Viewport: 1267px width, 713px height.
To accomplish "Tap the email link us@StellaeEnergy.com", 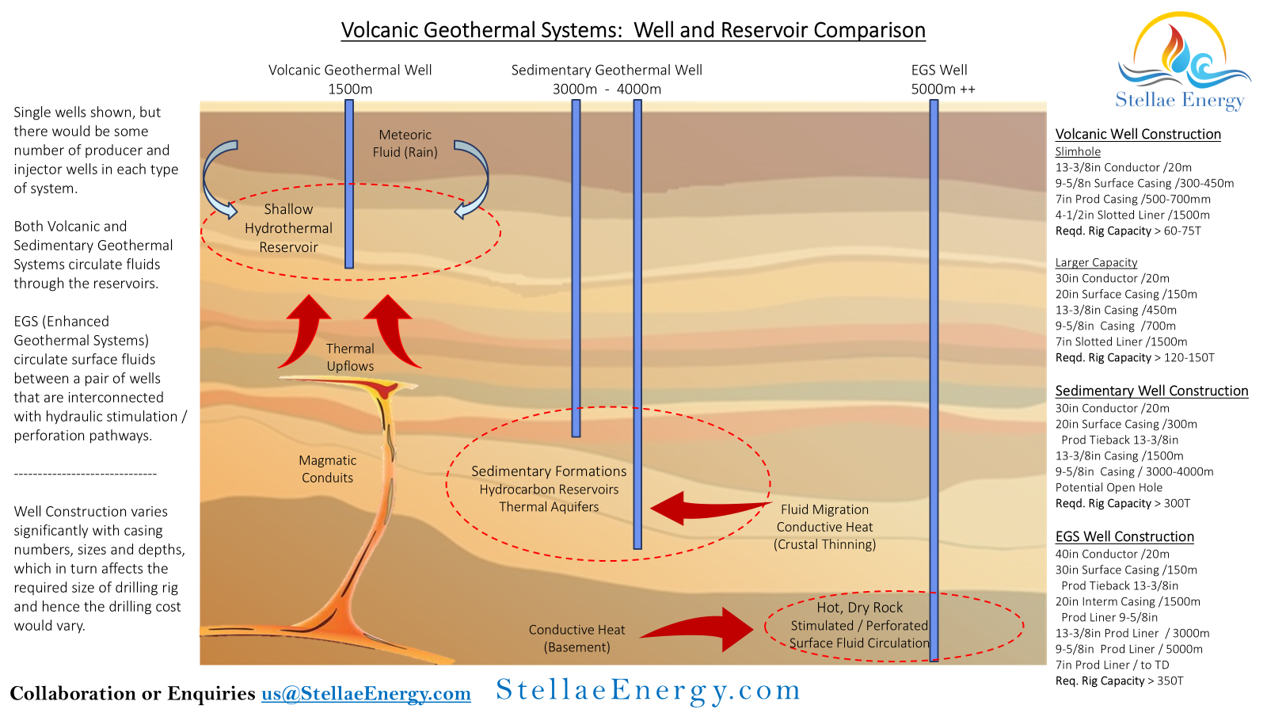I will pos(366,694).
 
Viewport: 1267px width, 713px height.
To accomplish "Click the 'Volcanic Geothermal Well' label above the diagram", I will pos(350,71).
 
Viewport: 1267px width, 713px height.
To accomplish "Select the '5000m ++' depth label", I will pos(942,90).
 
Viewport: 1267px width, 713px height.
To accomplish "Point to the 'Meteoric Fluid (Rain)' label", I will pos(405,143).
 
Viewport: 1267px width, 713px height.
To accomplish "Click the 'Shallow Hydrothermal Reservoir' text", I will pos(288,228).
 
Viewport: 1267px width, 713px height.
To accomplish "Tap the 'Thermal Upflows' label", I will pos(350,357).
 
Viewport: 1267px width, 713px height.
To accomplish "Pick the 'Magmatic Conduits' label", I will pos(327,469).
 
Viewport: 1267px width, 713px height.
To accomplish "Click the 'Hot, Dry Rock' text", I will pos(859,608).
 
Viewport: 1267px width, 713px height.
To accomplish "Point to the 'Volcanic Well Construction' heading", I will pos(1138,135).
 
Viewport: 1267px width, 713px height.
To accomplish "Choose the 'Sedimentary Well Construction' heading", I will pos(1151,391).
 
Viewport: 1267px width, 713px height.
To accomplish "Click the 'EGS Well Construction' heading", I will pos(1124,537).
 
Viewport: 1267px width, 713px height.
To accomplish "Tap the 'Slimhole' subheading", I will pos(1078,152).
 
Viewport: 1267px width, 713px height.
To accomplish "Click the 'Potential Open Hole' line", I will pos(1109,488).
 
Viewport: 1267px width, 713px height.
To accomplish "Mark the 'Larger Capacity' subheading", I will pos(1096,263).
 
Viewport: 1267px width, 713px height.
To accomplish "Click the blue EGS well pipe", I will pos(934,356).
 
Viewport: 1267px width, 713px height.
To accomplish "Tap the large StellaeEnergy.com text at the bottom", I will pos(648,691).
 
